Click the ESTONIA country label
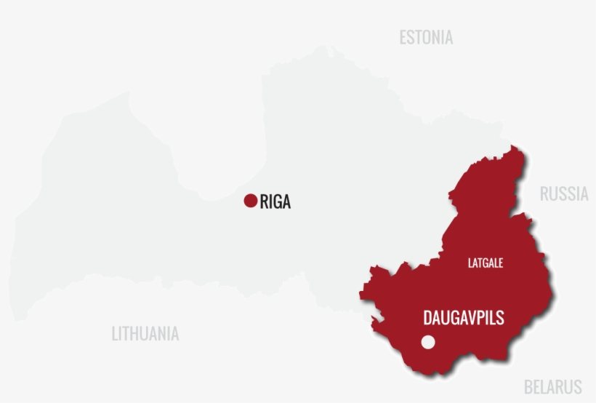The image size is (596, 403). click(x=426, y=38)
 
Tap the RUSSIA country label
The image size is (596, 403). click(x=564, y=193)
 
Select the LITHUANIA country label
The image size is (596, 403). click(x=145, y=334)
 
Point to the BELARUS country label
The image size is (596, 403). click(x=553, y=386)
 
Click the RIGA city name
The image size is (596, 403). click(x=275, y=201)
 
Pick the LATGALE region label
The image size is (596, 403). click(x=486, y=263)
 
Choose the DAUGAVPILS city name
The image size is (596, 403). click(x=464, y=318)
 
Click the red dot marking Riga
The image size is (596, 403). click(x=251, y=201)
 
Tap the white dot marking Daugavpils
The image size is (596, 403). click(x=428, y=342)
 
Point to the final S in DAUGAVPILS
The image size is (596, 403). click(x=500, y=318)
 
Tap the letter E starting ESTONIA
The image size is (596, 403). click(x=403, y=38)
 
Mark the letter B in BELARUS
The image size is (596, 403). click(x=528, y=386)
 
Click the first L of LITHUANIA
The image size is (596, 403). click(x=115, y=334)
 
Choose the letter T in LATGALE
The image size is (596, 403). click(x=480, y=263)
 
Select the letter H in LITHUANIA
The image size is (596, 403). click(x=137, y=334)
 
